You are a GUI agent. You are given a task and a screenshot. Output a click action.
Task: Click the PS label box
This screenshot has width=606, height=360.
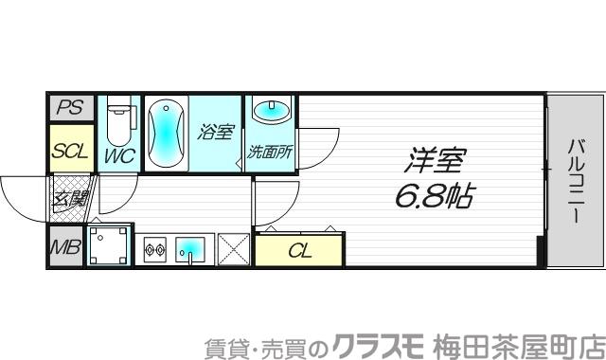69,108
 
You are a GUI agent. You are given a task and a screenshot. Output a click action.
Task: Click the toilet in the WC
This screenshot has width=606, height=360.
119,121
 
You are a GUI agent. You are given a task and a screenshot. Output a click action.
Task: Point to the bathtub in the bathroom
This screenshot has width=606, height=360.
167,134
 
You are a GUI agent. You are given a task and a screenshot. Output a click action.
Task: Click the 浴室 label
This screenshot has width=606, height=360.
215,133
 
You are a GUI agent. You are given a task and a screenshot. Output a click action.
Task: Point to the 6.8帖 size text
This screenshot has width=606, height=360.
435,196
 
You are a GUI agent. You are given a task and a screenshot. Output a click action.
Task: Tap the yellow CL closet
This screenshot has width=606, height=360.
299,251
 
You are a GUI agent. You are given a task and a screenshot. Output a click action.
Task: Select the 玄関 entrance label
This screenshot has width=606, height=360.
70,199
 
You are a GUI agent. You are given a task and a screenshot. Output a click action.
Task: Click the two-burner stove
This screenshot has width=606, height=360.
154,251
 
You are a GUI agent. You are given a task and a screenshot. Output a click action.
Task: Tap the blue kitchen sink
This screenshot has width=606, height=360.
193,250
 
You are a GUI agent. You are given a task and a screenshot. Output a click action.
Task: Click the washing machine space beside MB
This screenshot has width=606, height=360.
109,245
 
